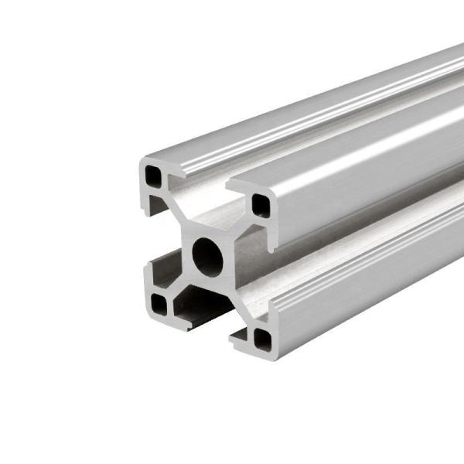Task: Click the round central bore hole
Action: (x=206, y=256)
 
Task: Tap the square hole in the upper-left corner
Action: (x=155, y=178)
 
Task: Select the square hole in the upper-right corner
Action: (x=260, y=205)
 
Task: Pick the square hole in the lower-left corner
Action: (x=159, y=305)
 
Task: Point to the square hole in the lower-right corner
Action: (x=263, y=337)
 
